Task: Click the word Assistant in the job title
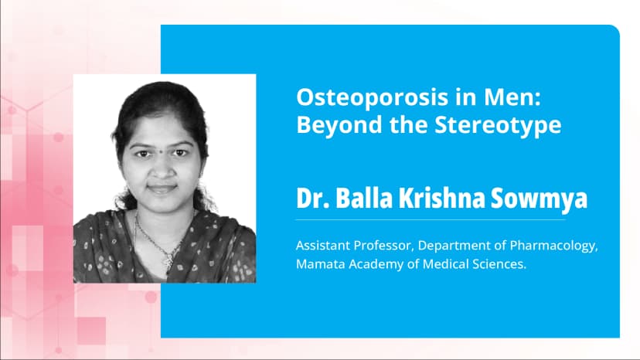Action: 322,246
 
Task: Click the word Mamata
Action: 319,265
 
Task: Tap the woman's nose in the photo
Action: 162,168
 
